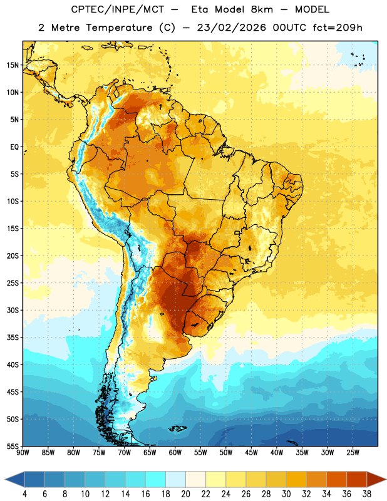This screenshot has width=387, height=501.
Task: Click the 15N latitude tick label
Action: (x=13, y=65)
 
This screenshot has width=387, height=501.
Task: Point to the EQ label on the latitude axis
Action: (x=14, y=147)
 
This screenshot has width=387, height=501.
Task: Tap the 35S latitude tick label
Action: (x=13, y=338)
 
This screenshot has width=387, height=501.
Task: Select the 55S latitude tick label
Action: (x=13, y=447)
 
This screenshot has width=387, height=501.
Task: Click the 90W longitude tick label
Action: (x=23, y=453)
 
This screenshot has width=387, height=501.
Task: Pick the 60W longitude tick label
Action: (x=175, y=453)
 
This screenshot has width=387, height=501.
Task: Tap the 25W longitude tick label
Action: (x=353, y=453)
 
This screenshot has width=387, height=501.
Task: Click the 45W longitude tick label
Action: (x=251, y=453)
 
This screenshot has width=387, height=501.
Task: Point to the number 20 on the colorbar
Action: (x=185, y=494)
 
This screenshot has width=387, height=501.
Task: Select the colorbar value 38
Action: (x=366, y=494)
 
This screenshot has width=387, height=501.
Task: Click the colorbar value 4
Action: (x=24, y=494)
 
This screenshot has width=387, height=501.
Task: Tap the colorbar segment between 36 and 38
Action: (x=357, y=479)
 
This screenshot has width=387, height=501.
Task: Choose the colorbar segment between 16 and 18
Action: (x=156, y=479)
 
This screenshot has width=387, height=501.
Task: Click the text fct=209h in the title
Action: (x=338, y=28)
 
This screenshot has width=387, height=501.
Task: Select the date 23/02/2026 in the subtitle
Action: (x=231, y=28)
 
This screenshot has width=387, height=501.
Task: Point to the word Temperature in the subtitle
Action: (x=119, y=28)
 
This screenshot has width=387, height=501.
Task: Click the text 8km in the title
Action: (x=262, y=9)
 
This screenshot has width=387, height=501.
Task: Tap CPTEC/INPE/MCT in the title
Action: (x=118, y=9)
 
